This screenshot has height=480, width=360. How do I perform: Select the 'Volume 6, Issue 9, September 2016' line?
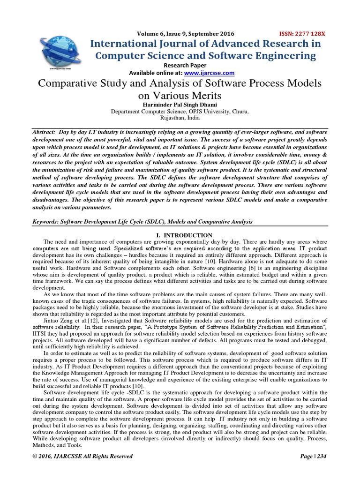[x=186, y=34]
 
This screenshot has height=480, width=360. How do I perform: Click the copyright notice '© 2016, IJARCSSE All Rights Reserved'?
[x=82, y=456]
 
